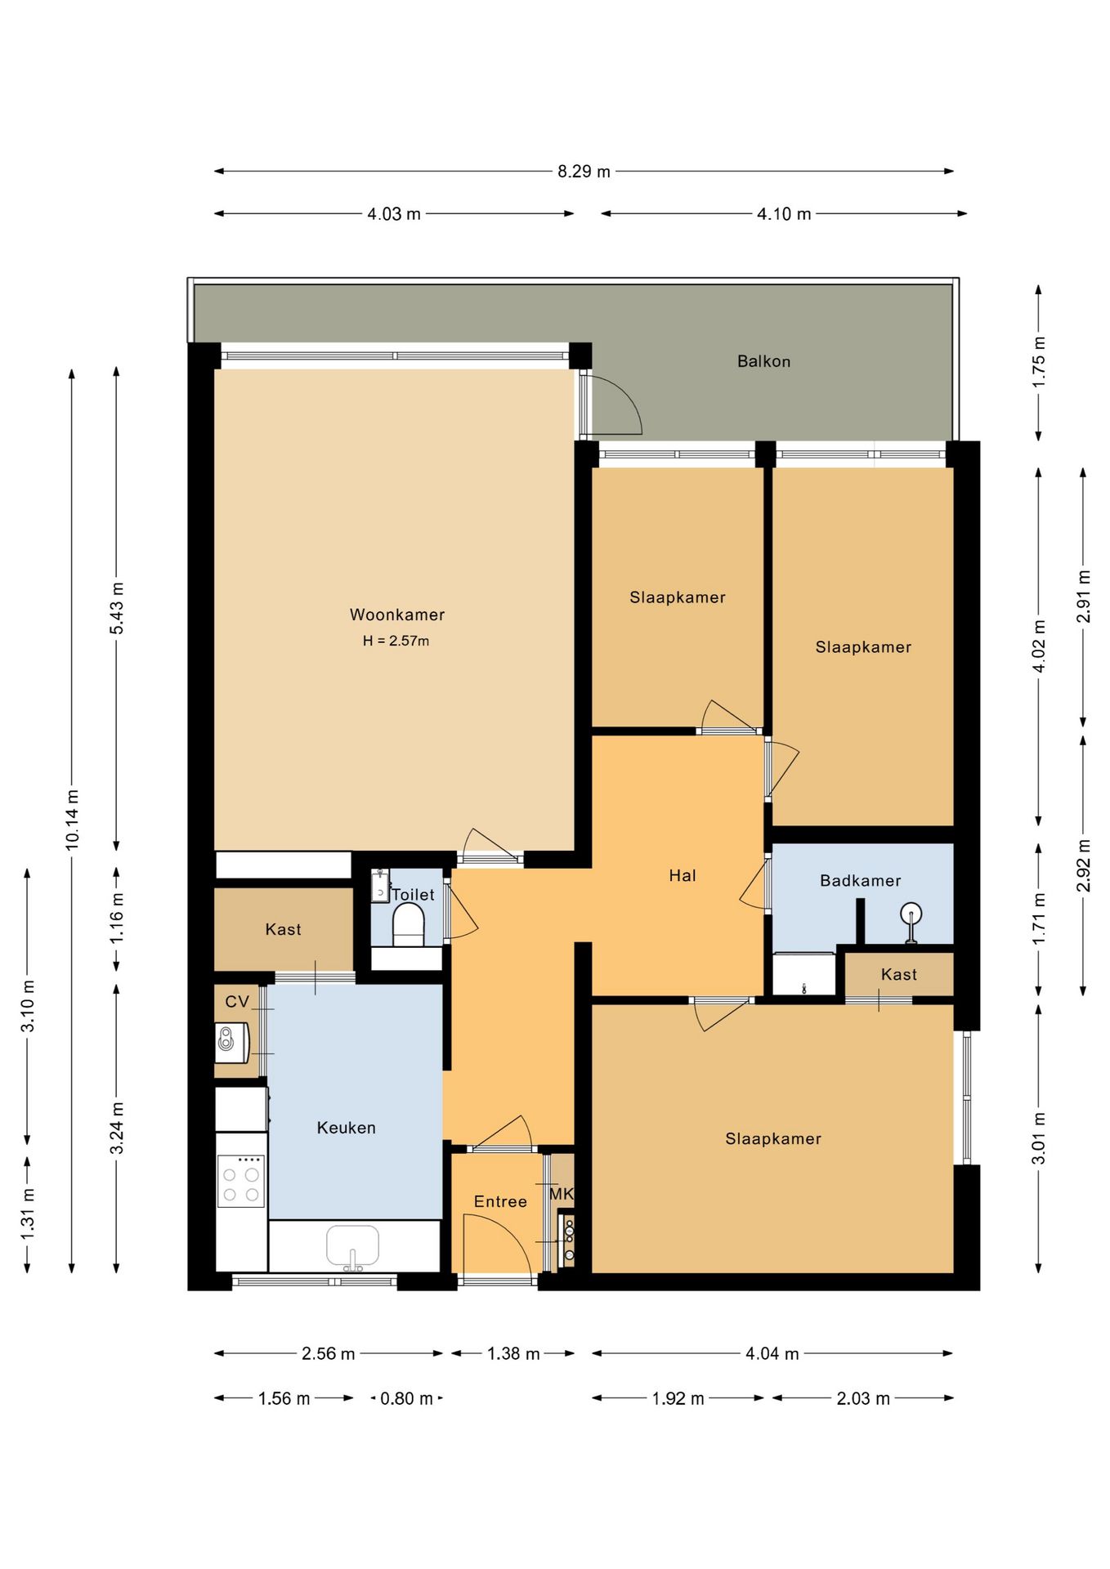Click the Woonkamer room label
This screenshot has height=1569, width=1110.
397,615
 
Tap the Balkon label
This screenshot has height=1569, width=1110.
764,361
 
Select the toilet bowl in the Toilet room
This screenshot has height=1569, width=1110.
409,928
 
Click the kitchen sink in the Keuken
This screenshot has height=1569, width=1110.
353,1247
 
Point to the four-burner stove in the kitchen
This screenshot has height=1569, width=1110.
241,1182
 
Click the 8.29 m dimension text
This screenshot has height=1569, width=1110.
584,172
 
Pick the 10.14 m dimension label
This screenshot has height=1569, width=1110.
73,820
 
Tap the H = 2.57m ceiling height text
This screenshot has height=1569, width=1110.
396,641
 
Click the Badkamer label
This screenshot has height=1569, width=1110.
861,881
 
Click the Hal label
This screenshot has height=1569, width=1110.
683,876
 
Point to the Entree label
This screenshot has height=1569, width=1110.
500,1201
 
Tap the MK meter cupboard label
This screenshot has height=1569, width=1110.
562,1194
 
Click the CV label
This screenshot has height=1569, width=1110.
237,1002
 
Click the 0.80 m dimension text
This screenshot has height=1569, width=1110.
406,1398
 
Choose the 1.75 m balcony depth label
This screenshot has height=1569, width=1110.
1039,362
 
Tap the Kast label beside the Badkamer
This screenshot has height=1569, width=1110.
899,975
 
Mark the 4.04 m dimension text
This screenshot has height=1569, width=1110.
772,1353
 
